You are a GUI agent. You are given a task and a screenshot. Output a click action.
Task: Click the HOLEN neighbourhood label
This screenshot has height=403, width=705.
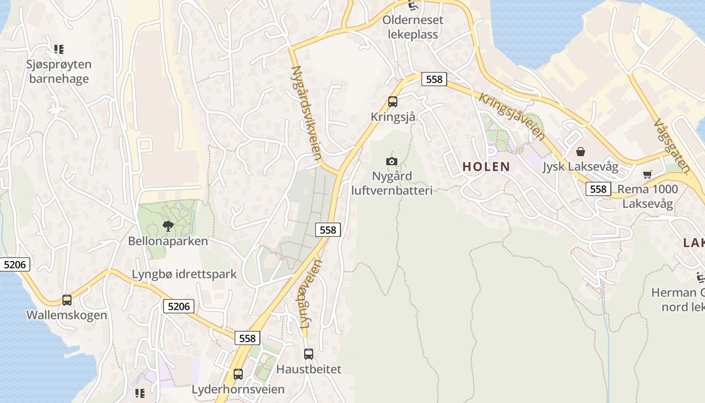click(x=486, y=167)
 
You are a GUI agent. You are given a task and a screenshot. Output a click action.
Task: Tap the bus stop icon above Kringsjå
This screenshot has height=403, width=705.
click(x=393, y=102)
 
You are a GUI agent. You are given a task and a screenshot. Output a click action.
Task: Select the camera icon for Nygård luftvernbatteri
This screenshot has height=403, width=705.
click(x=391, y=161)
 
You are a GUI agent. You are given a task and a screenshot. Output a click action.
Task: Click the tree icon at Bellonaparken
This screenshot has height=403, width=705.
click(x=168, y=226)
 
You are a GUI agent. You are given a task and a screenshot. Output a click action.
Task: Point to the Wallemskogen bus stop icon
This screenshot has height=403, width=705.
click(x=67, y=300)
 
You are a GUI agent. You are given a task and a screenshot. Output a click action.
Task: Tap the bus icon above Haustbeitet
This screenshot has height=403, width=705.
click(x=309, y=354)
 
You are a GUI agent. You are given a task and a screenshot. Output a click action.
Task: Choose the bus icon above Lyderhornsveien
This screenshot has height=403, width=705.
click(x=238, y=374)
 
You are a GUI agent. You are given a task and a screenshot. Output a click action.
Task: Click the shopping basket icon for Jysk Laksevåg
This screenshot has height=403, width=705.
click(x=581, y=152)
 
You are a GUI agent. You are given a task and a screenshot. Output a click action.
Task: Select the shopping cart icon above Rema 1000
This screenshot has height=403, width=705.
click(x=647, y=175)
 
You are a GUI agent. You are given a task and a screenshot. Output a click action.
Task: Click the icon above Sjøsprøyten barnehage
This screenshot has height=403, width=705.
click(x=59, y=49)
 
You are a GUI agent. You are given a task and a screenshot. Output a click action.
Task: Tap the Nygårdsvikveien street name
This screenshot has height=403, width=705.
click(x=306, y=113)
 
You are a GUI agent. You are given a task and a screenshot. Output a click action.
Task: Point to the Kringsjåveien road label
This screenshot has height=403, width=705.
click(x=512, y=116)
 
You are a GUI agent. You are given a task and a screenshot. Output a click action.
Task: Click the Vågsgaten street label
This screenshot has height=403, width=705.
click(x=671, y=146)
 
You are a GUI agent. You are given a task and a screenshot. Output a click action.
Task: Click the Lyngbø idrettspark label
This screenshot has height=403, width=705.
click(x=184, y=275)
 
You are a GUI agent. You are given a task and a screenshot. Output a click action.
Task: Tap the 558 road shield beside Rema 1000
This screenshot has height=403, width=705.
click(x=598, y=189)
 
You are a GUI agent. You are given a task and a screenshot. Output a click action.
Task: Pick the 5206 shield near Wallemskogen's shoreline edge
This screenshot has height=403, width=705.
click(x=15, y=264)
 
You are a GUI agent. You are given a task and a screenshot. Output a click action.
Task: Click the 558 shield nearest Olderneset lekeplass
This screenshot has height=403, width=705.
click(x=434, y=79)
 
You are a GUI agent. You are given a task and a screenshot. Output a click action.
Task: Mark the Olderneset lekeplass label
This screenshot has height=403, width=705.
click(x=413, y=27)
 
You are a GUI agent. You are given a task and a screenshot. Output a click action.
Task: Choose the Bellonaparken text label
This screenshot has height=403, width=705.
click(x=168, y=241)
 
